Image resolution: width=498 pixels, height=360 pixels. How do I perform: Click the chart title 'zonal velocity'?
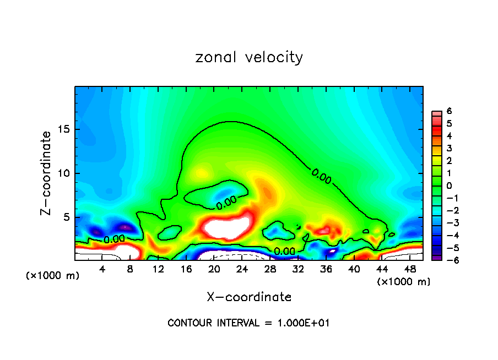point(249,57)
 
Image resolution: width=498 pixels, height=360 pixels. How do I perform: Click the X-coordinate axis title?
point(249,297)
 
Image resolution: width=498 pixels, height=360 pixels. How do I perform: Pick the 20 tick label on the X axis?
point(214,269)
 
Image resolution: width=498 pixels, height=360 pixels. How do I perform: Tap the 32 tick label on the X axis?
point(298,269)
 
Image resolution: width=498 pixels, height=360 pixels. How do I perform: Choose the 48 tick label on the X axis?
point(410,269)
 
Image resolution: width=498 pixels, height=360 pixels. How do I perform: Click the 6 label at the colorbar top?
point(449,111)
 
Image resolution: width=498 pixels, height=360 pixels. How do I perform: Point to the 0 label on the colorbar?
point(449,186)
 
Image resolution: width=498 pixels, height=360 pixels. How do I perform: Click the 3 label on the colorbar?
point(449,148)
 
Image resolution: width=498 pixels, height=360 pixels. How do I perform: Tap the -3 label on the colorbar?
point(447,223)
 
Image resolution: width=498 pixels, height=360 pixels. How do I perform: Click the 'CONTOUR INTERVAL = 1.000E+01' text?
point(248,323)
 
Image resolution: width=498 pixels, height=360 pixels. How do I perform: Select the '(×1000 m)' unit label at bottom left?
point(53,276)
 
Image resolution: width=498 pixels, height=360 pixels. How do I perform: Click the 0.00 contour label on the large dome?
point(321,176)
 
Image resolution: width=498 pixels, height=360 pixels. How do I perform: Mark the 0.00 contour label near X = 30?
point(284,252)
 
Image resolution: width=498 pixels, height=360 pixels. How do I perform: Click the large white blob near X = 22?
point(226,226)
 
